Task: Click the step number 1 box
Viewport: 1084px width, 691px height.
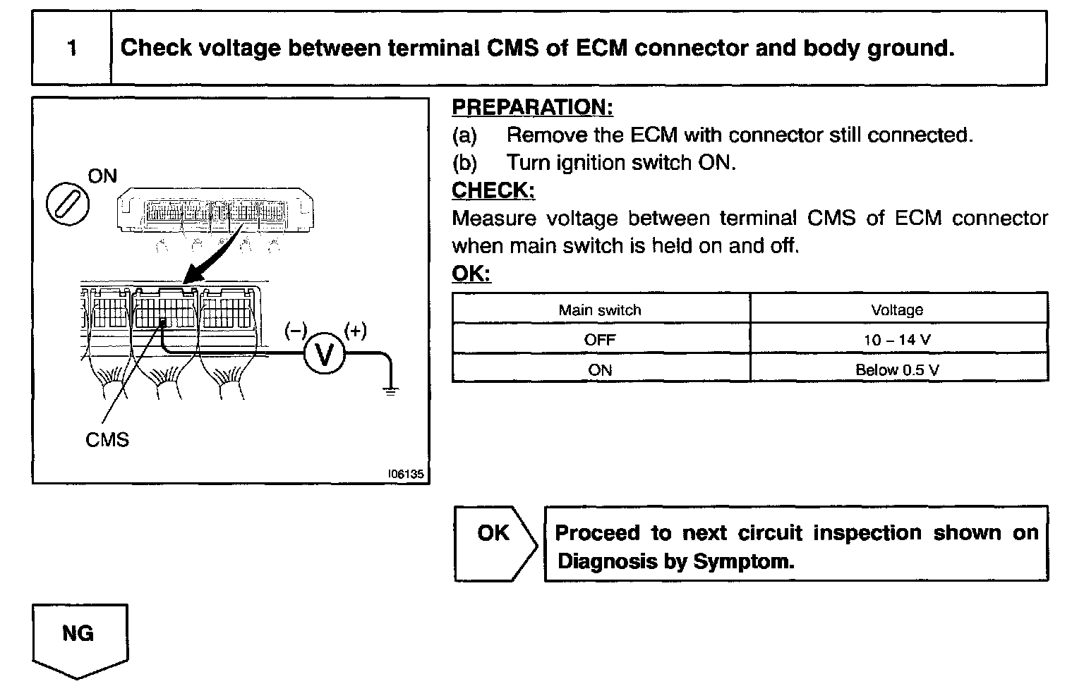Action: pos(71,48)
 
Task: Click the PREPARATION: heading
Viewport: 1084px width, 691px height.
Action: pos(532,107)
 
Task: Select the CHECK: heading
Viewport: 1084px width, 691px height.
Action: pos(493,190)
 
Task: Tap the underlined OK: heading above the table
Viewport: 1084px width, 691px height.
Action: pos(471,274)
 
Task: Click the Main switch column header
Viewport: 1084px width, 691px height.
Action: pos(600,310)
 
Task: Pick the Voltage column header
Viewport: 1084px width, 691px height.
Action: pos(897,310)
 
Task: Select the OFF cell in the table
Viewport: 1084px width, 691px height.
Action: pos(600,339)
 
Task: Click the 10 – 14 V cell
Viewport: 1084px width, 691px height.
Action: pos(897,339)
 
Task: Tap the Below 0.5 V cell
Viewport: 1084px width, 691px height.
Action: pos(897,369)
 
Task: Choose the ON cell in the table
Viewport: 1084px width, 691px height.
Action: pos(600,369)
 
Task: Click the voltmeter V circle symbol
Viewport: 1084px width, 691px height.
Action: pos(325,353)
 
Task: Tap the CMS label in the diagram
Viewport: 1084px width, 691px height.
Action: pos(107,440)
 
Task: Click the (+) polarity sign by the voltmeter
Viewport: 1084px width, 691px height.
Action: pos(355,331)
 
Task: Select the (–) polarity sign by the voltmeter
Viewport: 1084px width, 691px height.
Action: pos(296,331)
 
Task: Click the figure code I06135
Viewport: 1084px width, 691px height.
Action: pos(406,475)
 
